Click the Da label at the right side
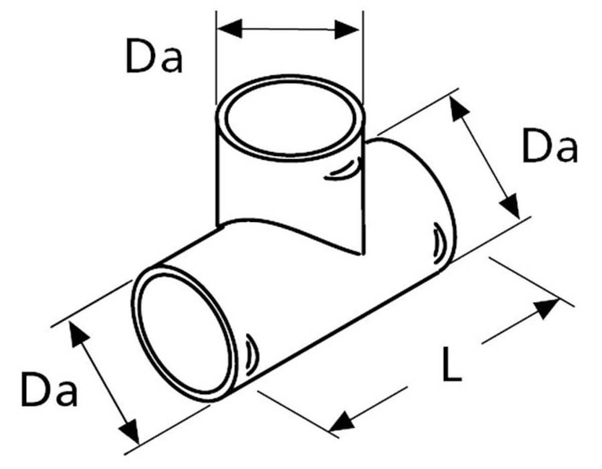coord(549,147)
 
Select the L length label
coord(452,364)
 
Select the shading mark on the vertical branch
coord(343,171)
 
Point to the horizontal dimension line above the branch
coord(288,29)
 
